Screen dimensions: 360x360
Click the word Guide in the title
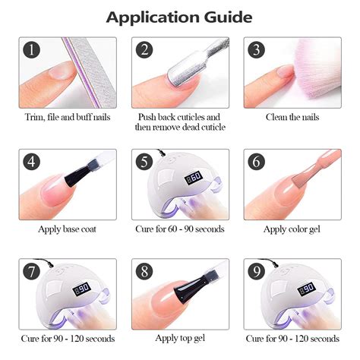[228, 17]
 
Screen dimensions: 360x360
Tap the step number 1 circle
[32, 49]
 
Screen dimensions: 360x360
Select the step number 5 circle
[144, 162]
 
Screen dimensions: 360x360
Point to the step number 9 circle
[257, 271]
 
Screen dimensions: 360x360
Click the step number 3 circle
[257, 49]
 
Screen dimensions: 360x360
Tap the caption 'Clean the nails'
[292, 117]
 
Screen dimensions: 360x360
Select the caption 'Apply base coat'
[68, 229]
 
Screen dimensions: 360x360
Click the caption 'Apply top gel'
[180, 338]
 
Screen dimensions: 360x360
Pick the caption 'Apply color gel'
[292, 229]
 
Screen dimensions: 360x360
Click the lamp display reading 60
[194, 177]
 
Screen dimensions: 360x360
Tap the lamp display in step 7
[82, 289]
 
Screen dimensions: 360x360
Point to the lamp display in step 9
[307, 289]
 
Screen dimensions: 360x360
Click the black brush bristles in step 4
[74, 177]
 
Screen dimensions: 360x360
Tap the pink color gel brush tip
[302, 179]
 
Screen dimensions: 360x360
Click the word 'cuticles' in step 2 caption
[191, 117]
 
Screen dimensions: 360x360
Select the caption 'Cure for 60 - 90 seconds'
[180, 229]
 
